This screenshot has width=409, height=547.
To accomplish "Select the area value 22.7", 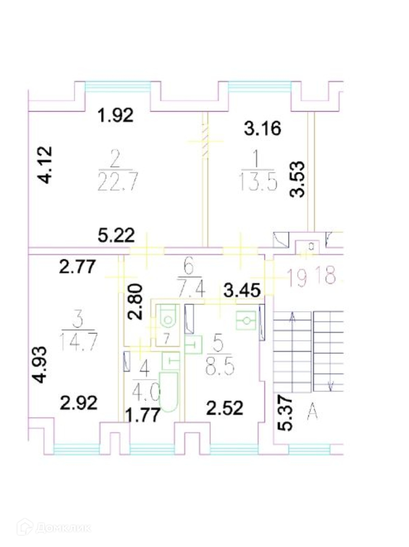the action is click(x=117, y=182).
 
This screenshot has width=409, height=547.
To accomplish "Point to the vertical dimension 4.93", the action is click(x=41, y=364).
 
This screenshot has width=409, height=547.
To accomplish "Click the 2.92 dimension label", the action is click(x=79, y=403).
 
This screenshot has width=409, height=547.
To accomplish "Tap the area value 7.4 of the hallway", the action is click(x=191, y=291).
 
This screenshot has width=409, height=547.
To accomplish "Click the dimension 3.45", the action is click(x=242, y=291).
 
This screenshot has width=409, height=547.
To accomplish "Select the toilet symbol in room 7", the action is click(x=167, y=317).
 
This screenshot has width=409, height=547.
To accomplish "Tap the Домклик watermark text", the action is click(x=62, y=528).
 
